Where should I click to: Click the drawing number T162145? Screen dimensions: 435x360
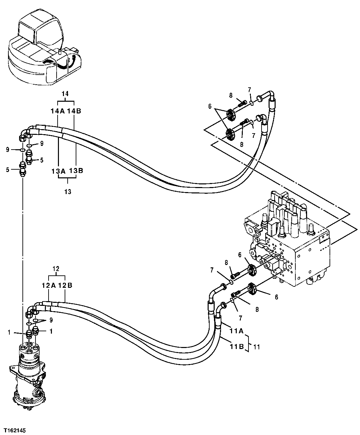15,430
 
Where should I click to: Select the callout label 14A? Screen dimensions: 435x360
57,111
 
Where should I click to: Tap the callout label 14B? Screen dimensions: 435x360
74,111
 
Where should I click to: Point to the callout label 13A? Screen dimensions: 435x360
58,171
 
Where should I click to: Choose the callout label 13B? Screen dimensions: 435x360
76,171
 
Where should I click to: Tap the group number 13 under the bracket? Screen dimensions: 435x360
68,192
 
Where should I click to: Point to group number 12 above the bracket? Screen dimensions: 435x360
56,268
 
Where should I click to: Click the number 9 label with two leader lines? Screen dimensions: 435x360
51,320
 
